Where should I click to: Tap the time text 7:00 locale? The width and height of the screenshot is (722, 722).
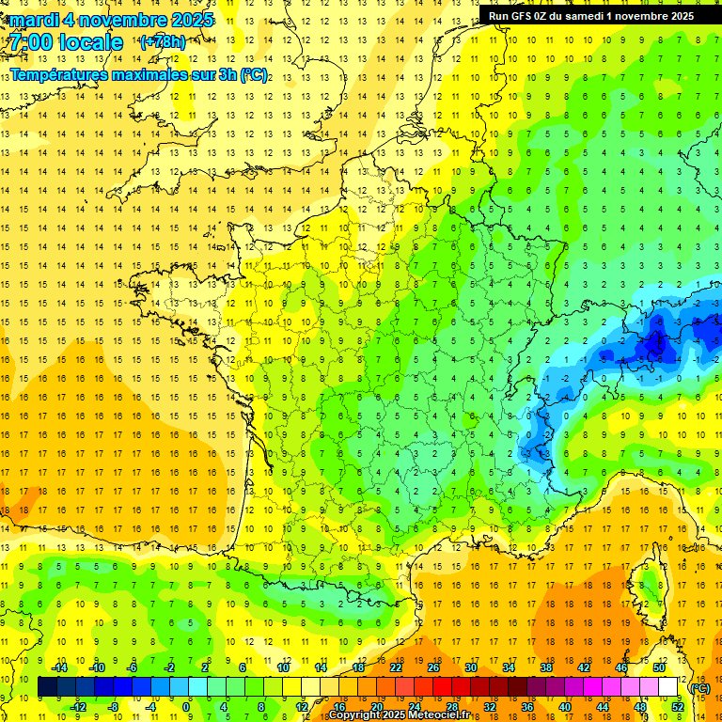click(67, 42)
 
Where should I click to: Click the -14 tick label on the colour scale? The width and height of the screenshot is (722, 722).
click(59, 667)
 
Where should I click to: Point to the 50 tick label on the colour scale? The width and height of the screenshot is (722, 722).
click(659, 667)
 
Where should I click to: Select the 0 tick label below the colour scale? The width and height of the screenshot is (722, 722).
click(186, 707)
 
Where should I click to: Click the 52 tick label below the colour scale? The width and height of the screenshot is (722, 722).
click(678, 707)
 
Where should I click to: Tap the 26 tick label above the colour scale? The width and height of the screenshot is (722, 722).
click(433, 667)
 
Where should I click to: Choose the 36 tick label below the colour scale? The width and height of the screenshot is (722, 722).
click(527, 707)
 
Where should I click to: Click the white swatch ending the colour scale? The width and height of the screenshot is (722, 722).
click(667, 687)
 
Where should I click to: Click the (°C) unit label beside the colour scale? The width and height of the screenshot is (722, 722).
click(700, 688)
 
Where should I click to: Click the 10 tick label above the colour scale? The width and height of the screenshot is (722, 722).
click(283, 667)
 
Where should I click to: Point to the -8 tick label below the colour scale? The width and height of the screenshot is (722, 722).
click(112, 707)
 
